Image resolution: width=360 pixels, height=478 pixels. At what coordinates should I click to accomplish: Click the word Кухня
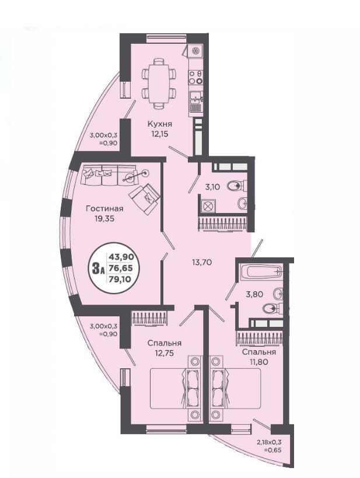(160, 124)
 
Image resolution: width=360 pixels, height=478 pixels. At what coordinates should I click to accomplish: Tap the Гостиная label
(104, 208)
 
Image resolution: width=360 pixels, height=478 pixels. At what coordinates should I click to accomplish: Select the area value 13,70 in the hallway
(202, 261)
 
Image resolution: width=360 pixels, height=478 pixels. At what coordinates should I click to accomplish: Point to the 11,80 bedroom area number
(259, 362)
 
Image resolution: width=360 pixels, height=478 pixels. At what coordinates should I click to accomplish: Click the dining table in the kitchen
(159, 83)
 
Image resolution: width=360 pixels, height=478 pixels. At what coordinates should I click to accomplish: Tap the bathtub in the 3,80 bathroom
(260, 271)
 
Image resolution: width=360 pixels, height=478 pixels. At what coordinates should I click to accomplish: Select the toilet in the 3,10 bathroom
(236, 186)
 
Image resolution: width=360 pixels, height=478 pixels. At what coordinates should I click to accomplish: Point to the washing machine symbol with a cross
(207, 205)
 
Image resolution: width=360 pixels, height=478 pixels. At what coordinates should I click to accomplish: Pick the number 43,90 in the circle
(121, 257)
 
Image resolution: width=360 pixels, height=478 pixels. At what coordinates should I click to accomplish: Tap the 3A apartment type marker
(99, 268)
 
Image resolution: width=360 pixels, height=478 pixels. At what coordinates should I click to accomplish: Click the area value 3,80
(254, 295)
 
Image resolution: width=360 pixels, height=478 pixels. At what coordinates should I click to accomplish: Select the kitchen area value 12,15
(160, 134)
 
